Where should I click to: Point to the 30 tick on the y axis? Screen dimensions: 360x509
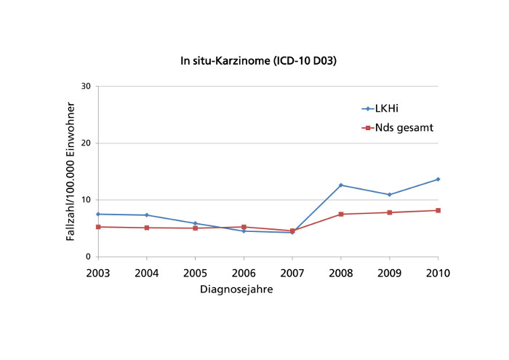[86, 87]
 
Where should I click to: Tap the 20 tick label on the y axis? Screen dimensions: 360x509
[86, 143]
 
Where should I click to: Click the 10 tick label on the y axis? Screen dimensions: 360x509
[86, 200]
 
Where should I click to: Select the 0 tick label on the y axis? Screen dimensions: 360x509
[88, 257]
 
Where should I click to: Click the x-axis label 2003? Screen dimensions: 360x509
[98, 273]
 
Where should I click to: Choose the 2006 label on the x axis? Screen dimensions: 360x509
[244, 273]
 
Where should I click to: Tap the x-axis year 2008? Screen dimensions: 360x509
[340, 273]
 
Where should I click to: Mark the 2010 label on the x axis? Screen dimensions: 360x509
[438, 273]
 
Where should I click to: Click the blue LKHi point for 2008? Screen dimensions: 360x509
[340, 185]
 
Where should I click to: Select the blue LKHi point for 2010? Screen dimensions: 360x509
[438, 179]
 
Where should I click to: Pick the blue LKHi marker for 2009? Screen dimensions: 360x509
[389, 195]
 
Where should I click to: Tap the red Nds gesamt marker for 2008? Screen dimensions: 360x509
[340, 214]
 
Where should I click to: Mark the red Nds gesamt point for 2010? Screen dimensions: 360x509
[438, 210]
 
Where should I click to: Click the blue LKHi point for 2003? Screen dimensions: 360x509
[98, 214]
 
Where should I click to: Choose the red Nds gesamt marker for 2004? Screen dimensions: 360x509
[147, 228]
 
